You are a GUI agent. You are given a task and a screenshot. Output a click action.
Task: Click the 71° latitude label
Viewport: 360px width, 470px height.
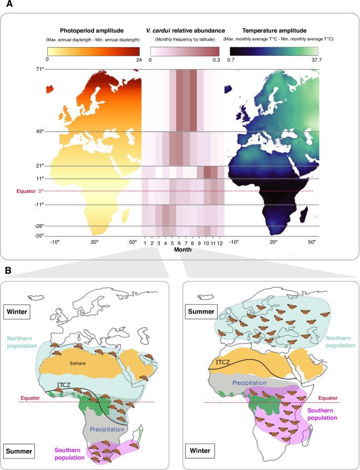39,69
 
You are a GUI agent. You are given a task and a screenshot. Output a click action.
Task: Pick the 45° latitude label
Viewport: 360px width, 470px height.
39,131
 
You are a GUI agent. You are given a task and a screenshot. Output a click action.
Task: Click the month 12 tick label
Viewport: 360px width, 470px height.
221,243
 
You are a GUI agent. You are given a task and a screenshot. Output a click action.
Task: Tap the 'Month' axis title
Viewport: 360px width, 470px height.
183,250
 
